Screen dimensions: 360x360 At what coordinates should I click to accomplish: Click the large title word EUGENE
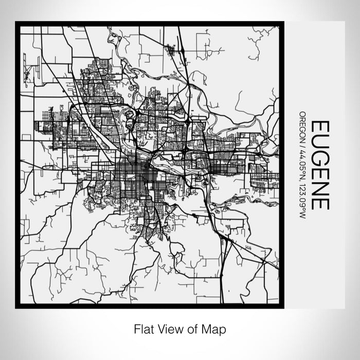pyautogui.click(x=320, y=165)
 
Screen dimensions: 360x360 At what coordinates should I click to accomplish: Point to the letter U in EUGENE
pyautogui.click(x=320, y=140)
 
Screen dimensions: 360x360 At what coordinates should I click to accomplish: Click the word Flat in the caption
pyautogui.click(x=143, y=329)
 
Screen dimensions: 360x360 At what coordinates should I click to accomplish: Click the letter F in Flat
pyautogui.click(x=136, y=329)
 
